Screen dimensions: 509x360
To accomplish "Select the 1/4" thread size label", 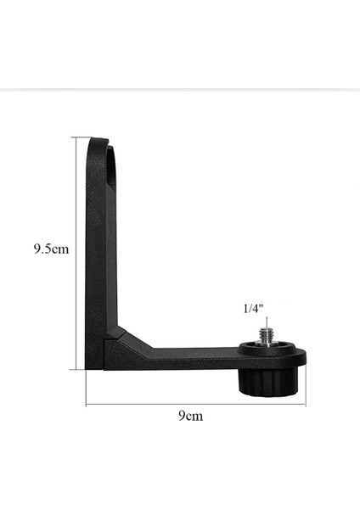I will (x=254, y=310).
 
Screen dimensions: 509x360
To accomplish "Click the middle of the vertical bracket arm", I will (x=97, y=255).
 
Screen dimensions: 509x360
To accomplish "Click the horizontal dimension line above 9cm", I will (x=195, y=404).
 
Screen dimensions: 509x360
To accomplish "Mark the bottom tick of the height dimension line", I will (x=77, y=368).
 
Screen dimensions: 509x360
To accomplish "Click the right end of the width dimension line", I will (x=305, y=404).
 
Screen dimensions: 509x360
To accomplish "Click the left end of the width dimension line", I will (x=86, y=404).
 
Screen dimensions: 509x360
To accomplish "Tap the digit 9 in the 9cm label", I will (x=182, y=417).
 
